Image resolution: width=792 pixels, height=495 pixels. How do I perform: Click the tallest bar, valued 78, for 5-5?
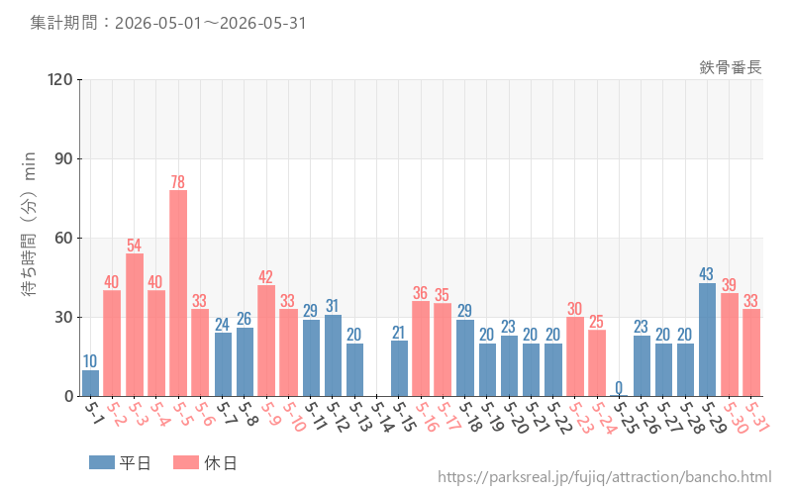[178, 293]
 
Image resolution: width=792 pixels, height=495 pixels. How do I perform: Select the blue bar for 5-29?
[707, 340]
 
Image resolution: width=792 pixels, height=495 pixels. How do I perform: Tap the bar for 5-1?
[90, 383]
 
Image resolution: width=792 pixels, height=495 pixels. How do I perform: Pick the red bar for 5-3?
[135, 325]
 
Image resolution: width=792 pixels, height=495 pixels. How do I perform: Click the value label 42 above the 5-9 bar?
[265, 277]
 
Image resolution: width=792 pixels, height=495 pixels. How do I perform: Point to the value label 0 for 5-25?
[619, 388]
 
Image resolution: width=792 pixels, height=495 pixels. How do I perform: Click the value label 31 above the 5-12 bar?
[332, 306]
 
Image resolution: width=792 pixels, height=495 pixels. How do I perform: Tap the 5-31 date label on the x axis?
[757, 417]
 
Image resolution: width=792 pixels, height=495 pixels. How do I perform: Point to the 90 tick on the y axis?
[63, 158]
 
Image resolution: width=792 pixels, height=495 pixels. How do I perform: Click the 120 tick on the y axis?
[60, 79]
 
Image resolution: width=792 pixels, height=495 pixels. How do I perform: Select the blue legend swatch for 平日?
[102, 462]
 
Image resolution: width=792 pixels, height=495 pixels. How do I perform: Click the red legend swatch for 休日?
[186, 462]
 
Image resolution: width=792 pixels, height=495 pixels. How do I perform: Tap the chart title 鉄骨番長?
[731, 67]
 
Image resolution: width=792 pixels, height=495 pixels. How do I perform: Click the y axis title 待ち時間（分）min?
[29, 224]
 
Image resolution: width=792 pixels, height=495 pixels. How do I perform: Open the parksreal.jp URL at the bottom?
[605, 477]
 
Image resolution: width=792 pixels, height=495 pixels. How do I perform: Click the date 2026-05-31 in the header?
[262, 23]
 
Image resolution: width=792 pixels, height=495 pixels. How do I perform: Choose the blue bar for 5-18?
[465, 358]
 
